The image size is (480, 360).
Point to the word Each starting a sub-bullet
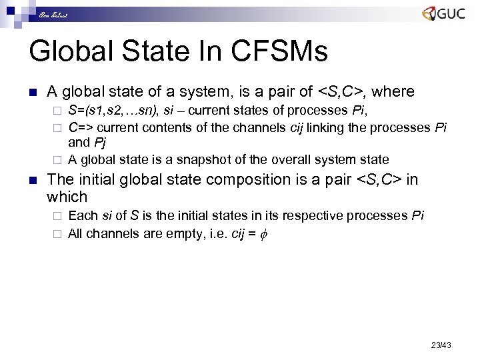83,215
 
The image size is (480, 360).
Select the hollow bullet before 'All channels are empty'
57,234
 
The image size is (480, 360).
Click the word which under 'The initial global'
67,197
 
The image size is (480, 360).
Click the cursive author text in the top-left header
51,14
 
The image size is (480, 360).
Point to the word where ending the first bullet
395,91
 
